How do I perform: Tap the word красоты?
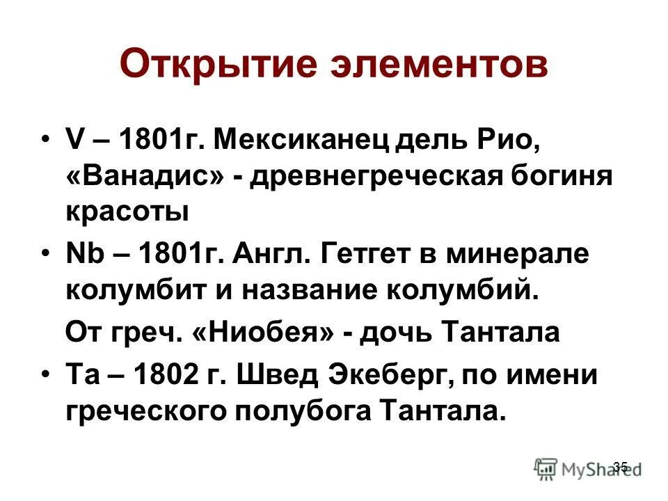127,211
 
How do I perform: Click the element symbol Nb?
81,254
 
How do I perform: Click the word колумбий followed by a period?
474,288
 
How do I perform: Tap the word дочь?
390,333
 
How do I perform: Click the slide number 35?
621,466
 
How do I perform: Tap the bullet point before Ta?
45,375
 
